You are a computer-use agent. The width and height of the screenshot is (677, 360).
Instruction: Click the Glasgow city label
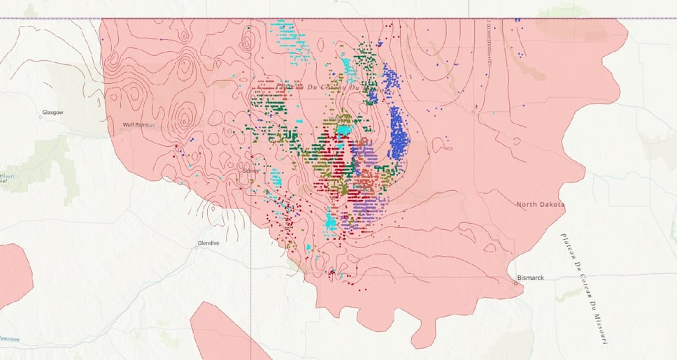tap(52, 112)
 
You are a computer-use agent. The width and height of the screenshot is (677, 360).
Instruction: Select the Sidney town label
tap(250, 170)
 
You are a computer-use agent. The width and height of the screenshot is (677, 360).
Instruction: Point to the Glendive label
tap(208, 243)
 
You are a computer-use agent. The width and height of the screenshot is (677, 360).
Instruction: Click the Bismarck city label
tap(530, 278)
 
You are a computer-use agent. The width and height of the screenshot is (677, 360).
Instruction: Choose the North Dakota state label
tap(540, 204)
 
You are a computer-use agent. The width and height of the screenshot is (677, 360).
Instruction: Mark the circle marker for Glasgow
tap(41, 117)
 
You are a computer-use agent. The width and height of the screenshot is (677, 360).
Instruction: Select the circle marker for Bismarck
tap(515, 282)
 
